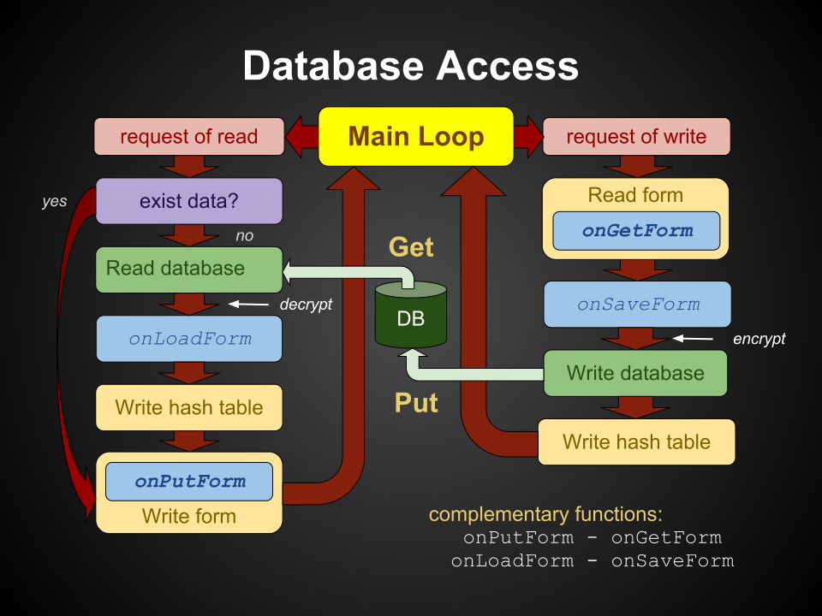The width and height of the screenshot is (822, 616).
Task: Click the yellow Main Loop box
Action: (416, 137)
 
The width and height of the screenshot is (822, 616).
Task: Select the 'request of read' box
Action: (189, 137)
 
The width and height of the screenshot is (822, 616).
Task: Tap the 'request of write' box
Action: (636, 137)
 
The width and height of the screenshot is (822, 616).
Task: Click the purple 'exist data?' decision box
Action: (189, 201)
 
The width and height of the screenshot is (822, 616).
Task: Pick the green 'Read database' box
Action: (189, 269)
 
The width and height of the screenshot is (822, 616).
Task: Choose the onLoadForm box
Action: (189, 339)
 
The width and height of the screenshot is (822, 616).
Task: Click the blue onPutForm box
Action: (189, 482)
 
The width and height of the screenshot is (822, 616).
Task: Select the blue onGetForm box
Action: (636, 231)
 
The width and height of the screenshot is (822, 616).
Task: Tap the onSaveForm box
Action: (637, 305)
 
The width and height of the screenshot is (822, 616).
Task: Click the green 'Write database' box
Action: (635, 374)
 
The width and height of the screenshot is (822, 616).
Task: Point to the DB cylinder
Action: (411, 314)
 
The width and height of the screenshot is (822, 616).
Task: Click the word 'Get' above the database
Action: (412, 247)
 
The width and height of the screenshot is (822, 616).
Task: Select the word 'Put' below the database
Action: (416, 403)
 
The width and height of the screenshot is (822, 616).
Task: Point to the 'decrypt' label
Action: (307, 305)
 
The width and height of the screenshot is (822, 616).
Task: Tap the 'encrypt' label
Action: (759, 339)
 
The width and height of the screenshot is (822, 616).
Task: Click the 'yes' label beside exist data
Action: (55, 202)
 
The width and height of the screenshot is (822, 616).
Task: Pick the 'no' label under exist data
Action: (245, 236)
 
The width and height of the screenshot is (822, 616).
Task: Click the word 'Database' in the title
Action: (333, 66)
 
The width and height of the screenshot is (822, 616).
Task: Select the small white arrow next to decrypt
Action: (248, 304)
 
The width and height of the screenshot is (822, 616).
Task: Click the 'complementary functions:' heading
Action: (545, 514)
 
